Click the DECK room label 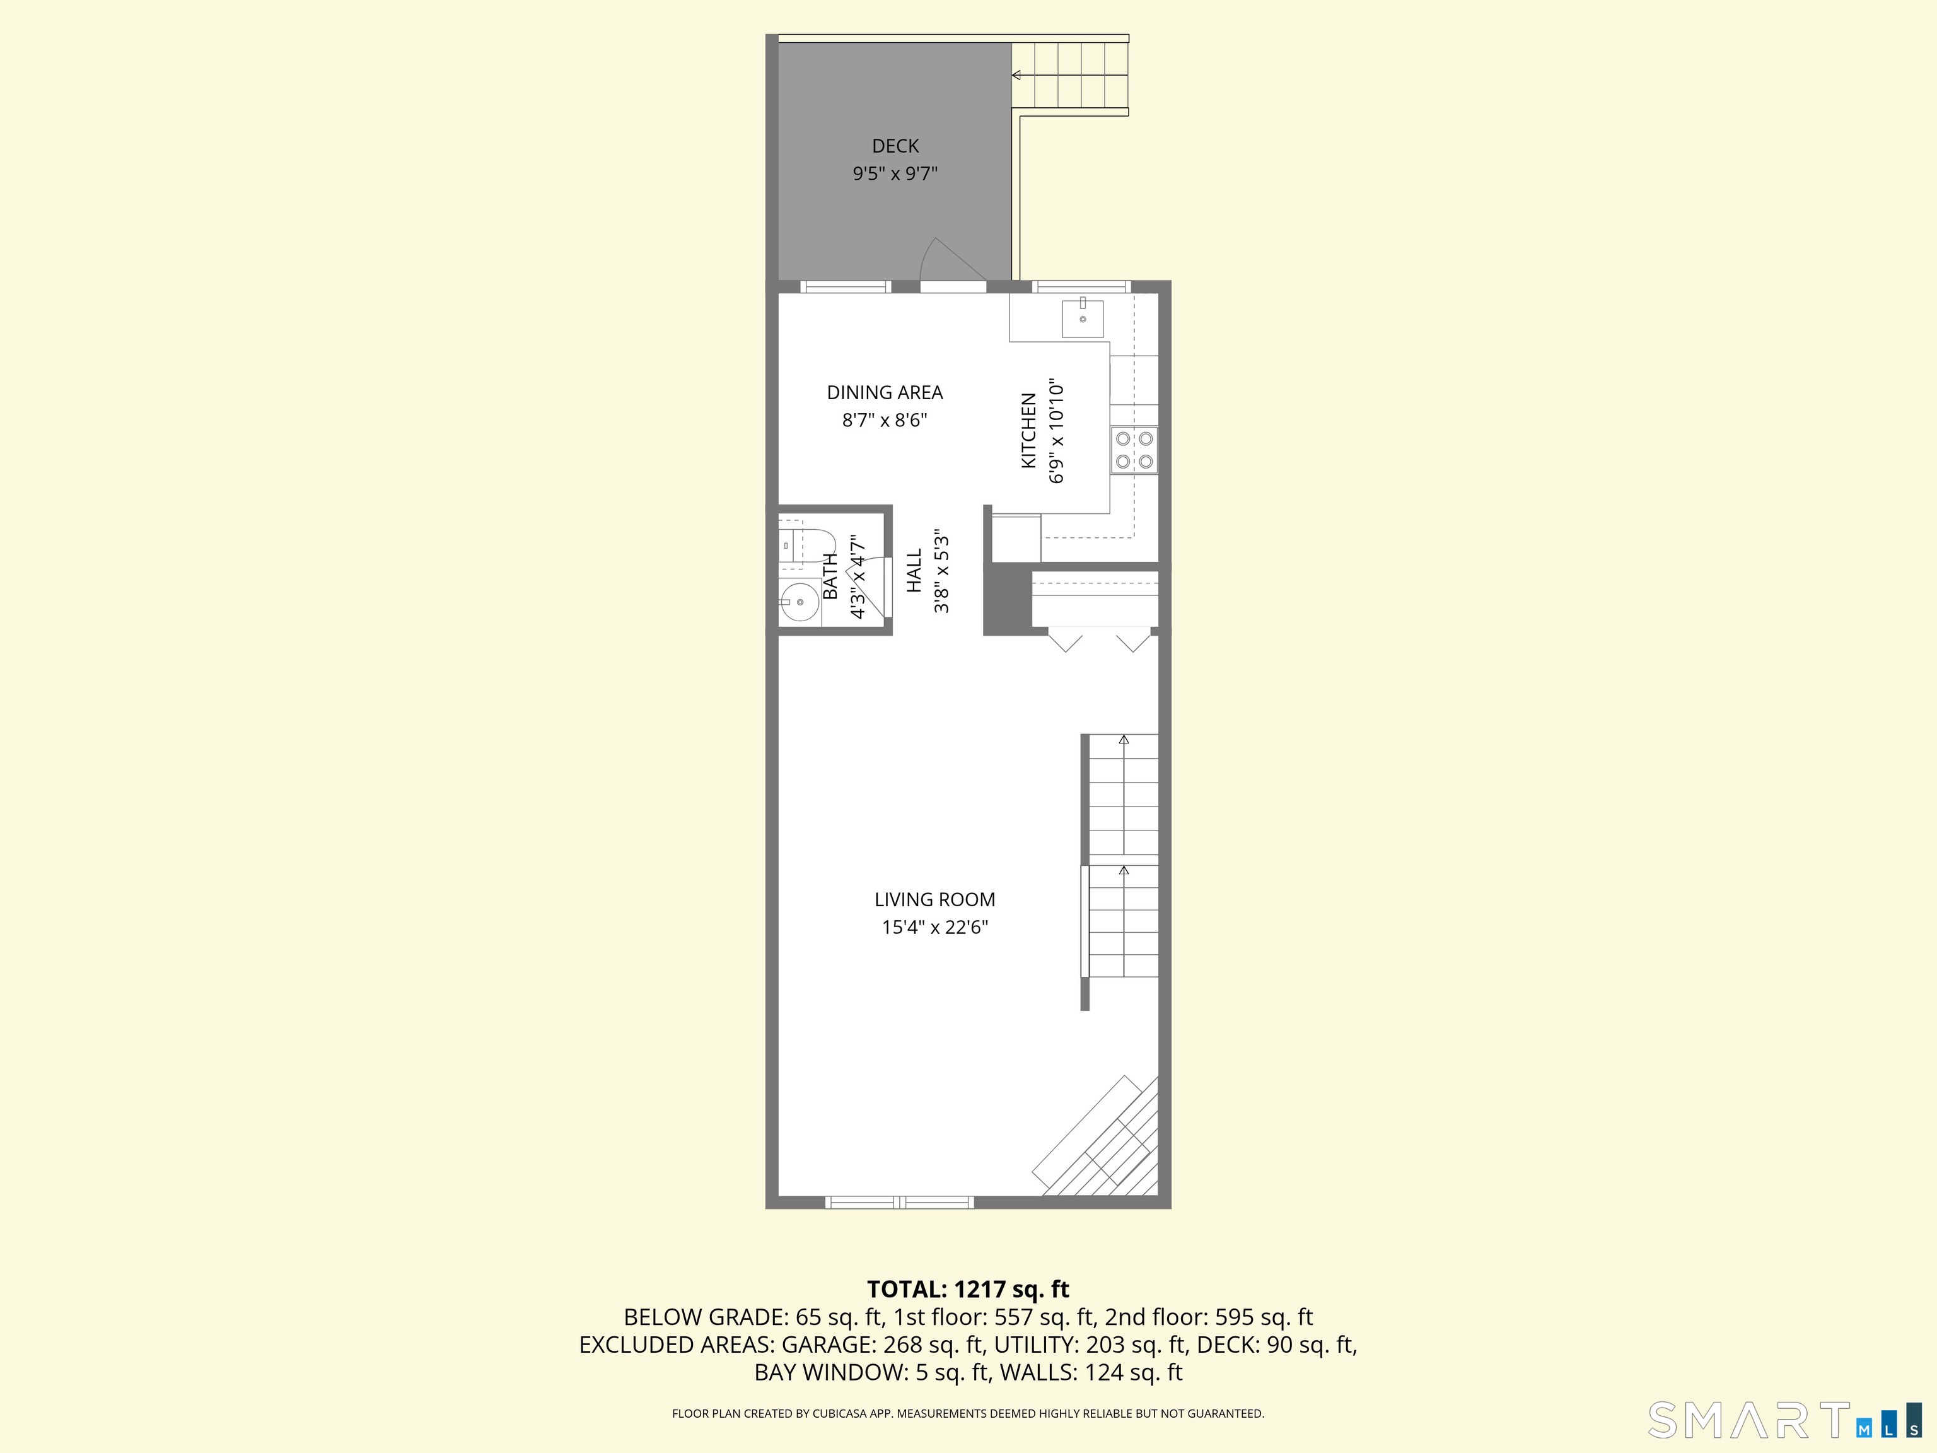point(895,146)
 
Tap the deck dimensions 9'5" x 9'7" point(895,174)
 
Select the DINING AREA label point(885,392)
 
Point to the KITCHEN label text point(1029,430)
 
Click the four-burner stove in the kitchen point(1134,449)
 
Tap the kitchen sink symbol point(1083,317)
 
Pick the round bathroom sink point(799,602)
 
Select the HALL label point(914,570)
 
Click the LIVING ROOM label point(934,899)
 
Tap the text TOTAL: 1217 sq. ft point(968,1289)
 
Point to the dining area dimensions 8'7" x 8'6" point(885,421)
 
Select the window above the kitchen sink point(1081,286)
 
